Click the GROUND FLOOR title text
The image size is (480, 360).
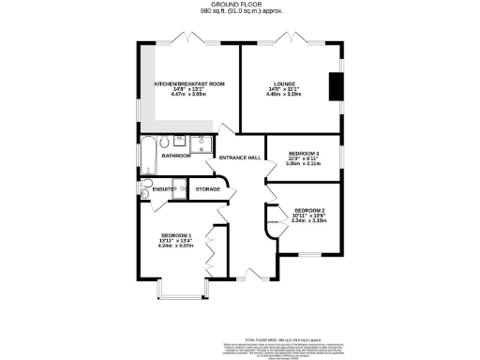239,5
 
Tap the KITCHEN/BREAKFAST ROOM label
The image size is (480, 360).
190,84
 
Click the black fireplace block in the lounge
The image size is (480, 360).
334,86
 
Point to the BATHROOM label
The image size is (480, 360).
176,156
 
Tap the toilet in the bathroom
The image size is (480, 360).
165,142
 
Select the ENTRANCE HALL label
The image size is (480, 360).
239,157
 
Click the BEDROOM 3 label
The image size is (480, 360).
304,152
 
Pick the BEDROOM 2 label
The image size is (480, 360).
309,211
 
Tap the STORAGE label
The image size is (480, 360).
208,189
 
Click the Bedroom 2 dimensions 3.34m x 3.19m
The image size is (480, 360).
309,223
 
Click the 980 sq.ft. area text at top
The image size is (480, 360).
239,12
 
